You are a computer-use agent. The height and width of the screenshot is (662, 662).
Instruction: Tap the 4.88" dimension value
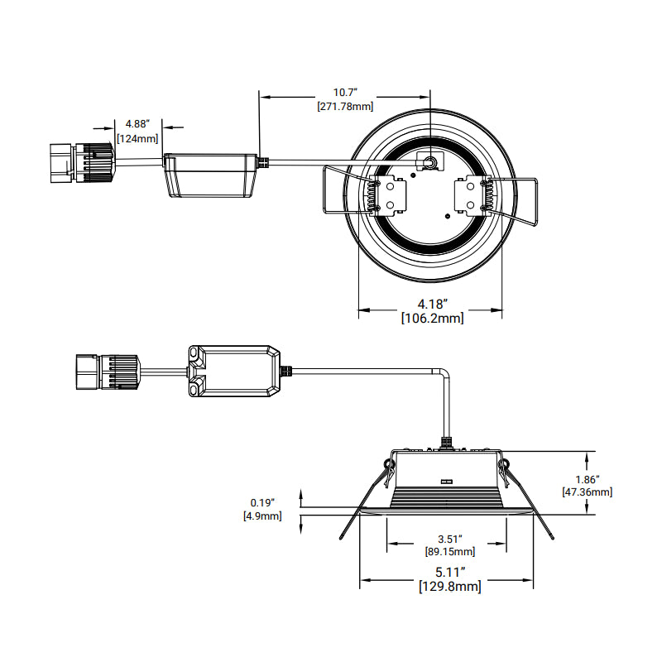(137, 125)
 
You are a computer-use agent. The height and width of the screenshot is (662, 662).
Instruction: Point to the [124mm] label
(137, 138)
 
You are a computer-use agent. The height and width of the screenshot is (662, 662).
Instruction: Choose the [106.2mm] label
(431, 317)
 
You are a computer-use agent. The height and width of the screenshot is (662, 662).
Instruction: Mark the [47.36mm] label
(588, 492)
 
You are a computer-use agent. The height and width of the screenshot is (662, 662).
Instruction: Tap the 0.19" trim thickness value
(261, 502)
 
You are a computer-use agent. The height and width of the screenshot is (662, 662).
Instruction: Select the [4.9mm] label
(261, 516)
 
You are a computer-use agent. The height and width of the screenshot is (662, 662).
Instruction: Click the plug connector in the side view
(107, 372)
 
